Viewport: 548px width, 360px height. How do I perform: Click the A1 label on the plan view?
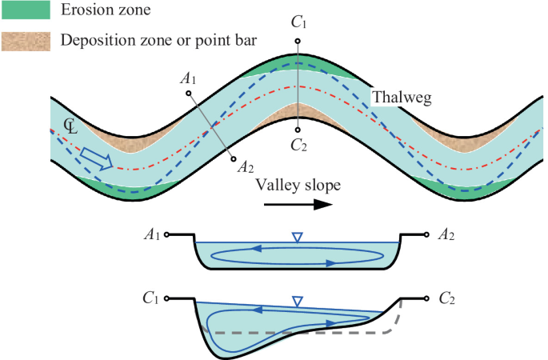click(189, 79)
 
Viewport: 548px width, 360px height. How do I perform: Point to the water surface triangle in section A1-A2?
click(298, 237)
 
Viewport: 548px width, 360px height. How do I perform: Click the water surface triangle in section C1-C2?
click(298, 302)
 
